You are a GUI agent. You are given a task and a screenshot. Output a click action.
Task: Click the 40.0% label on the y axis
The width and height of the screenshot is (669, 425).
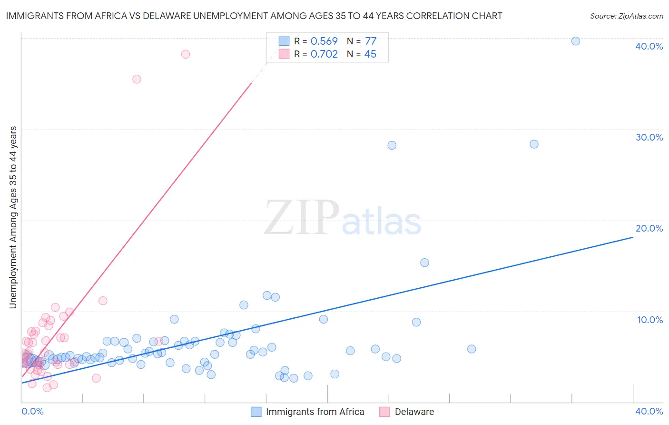pos(649,46)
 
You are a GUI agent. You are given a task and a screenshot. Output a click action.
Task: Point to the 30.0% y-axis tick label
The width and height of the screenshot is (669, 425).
pos(649,137)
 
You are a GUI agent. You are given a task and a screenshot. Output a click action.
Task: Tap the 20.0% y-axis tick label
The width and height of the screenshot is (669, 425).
pos(649,229)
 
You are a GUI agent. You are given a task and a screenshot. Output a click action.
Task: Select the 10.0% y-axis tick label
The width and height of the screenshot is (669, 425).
pos(649,320)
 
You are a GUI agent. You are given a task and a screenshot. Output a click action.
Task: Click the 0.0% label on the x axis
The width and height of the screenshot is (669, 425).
pos(32,411)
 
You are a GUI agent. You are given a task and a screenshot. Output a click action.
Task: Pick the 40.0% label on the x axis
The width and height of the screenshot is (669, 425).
pos(649,411)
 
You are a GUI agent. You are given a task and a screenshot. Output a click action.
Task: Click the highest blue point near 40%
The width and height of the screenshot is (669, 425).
pos(576,41)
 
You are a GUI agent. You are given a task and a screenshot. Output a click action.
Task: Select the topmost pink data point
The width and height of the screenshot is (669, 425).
pos(186,54)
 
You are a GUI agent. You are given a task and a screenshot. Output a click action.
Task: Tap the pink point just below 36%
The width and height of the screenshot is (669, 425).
pos(137,79)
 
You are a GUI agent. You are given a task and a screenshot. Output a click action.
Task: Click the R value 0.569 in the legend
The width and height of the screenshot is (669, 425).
pos(324,41)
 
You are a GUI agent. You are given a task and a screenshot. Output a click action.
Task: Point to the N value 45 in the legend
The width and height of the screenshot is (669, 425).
pos(370,54)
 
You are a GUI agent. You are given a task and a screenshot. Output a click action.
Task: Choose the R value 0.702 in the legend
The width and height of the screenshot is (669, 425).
pos(324,54)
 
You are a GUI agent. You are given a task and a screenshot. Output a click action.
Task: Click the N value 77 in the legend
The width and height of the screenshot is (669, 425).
pos(371,41)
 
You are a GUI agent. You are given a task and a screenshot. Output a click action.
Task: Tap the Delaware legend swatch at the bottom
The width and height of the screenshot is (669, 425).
pos(384,412)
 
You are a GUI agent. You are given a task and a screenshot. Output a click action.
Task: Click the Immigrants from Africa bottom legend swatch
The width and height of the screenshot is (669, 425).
pos(256,412)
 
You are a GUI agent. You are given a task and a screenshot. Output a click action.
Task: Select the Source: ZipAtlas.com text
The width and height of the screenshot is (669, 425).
pos(627,16)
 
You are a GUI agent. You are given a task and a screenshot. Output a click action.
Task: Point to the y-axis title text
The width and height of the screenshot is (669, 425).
pos(13,217)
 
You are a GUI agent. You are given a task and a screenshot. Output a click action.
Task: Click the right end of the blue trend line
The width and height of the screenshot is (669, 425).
pos(633,237)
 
